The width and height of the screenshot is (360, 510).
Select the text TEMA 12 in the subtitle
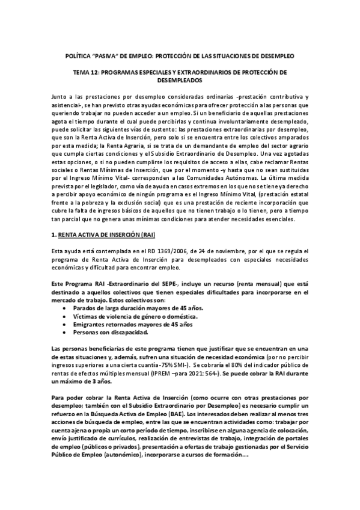pos(84,73)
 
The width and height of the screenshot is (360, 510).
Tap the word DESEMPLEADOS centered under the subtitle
pos(180,80)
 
